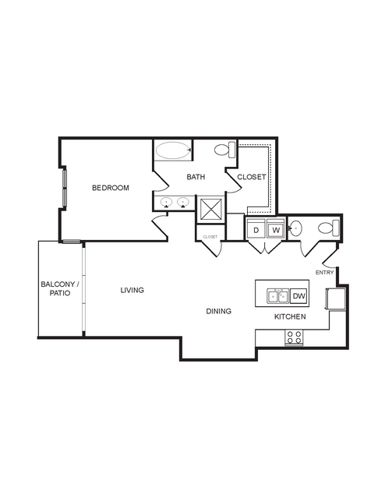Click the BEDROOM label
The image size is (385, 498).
click(x=111, y=188)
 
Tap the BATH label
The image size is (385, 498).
click(x=196, y=177)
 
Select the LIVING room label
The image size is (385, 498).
click(x=132, y=290)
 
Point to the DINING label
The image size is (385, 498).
click(x=218, y=311)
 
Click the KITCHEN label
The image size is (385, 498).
click(x=290, y=316)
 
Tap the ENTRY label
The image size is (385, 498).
click(x=325, y=273)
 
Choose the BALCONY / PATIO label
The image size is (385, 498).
click(x=60, y=288)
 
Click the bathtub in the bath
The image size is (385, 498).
click(x=173, y=150)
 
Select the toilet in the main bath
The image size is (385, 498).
click(x=225, y=150)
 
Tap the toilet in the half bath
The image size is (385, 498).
click(x=329, y=228)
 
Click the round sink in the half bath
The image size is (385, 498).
click(x=295, y=228)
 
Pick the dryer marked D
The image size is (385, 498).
click(x=256, y=228)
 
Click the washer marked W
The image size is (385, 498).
click(x=276, y=228)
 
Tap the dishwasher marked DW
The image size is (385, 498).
click(x=299, y=296)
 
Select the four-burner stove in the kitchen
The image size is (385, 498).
click(x=294, y=337)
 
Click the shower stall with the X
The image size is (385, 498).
click(x=211, y=210)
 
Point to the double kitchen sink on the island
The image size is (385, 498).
click(x=278, y=296)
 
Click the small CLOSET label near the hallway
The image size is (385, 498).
click(x=210, y=237)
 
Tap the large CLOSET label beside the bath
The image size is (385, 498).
click(x=251, y=177)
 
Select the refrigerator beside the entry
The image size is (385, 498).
click(x=336, y=298)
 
